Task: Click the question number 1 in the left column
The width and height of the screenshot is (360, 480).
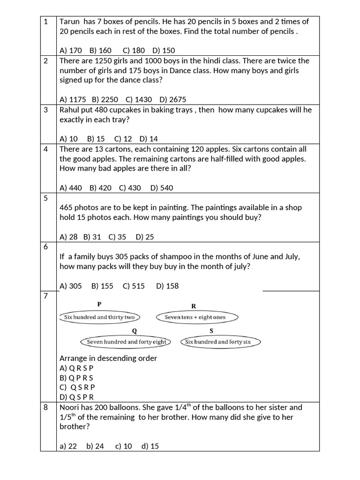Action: pyautogui.click(x=46, y=21)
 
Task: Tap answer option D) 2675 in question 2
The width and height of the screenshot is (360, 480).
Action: pyautogui.click(x=172, y=99)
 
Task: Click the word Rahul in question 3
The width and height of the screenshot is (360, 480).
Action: pyautogui.click(x=69, y=110)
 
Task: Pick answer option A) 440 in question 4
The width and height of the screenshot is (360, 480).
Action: pyautogui.click(x=71, y=188)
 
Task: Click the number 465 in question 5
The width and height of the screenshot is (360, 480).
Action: pyautogui.click(x=67, y=207)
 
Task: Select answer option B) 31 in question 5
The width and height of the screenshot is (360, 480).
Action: pyautogui.click(x=92, y=237)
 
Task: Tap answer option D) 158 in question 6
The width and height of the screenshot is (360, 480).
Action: pyautogui.click(x=167, y=286)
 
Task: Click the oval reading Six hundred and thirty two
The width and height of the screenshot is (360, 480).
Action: pyautogui.click(x=97, y=317)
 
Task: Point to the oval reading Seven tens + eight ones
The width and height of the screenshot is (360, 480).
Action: pyautogui.click(x=195, y=317)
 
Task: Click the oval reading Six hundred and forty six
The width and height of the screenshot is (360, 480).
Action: pyautogui.click(x=218, y=342)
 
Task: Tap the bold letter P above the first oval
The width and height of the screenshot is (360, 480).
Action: pyautogui.click(x=99, y=304)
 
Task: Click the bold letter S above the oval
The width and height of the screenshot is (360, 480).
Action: pyautogui.click(x=211, y=330)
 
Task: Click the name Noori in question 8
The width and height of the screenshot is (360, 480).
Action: pyautogui.click(x=69, y=407)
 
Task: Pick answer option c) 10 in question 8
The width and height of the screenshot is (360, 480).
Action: pyautogui.click(x=124, y=446)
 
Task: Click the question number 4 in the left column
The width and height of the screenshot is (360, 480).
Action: pyautogui.click(x=46, y=149)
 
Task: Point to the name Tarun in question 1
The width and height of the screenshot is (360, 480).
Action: pyautogui.click(x=69, y=21)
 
